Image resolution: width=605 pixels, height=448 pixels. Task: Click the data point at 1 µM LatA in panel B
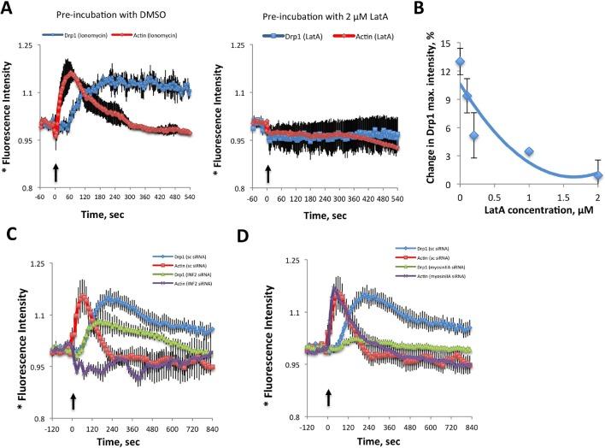pyautogui.click(x=529, y=151)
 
